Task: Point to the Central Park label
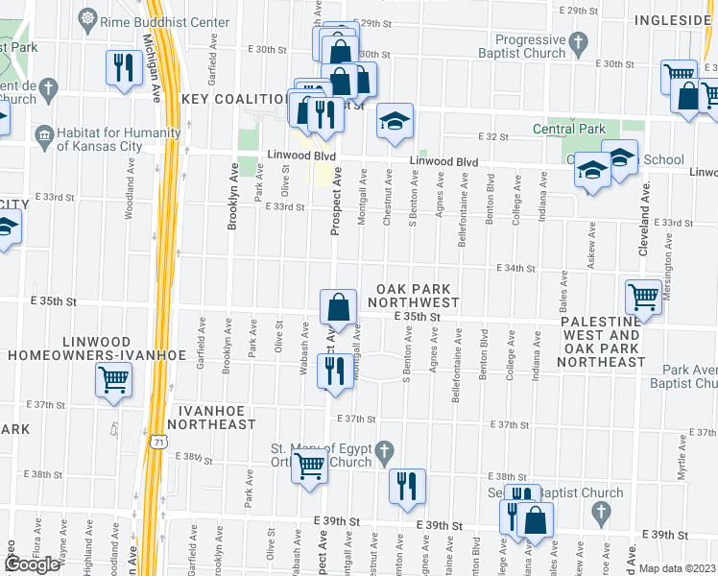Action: click(x=568, y=129)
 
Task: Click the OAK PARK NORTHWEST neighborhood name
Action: click(x=417, y=296)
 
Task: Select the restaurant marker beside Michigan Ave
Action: click(x=123, y=67)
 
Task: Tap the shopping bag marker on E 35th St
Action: click(x=339, y=307)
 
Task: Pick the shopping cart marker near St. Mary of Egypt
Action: click(x=310, y=467)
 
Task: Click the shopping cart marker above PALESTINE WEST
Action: click(x=643, y=295)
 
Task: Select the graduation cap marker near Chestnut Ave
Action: click(x=394, y=121)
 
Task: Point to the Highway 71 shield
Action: click(x=157, y=441)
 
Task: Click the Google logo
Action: click(x=32, y=564)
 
